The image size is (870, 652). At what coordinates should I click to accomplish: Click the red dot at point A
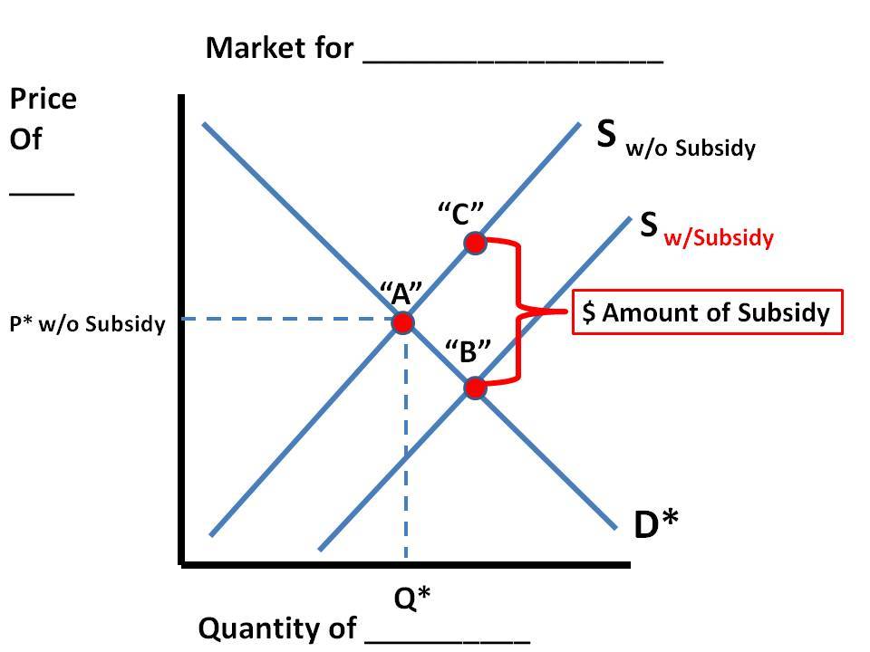403,322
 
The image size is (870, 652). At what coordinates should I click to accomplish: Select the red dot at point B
474,388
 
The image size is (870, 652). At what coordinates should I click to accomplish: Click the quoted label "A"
401,292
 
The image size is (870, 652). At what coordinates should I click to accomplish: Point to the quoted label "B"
468,351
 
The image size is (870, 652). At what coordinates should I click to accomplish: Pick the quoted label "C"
460,215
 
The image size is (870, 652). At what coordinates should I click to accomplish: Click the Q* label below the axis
412,598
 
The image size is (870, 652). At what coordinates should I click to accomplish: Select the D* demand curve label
657,524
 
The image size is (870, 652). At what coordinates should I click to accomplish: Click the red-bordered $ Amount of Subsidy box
707,312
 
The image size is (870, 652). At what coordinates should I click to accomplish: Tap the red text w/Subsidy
720,238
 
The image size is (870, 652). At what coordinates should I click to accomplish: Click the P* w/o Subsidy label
87,324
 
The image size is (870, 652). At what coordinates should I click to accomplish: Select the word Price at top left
43,99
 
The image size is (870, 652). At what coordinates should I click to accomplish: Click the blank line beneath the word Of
42,192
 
